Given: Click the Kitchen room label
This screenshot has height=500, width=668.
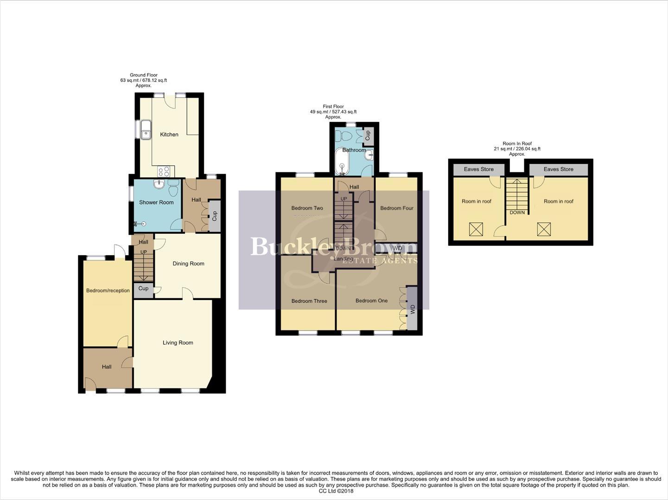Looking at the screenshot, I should point(169,135).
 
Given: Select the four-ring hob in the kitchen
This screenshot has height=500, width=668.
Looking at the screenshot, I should point(164,172).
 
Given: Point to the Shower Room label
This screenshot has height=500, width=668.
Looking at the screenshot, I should point(156,202).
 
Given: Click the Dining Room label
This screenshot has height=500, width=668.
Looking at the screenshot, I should point(188,264).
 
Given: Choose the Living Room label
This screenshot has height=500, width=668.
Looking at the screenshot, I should point(178,343).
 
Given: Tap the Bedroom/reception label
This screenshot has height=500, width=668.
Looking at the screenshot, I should point(108,291).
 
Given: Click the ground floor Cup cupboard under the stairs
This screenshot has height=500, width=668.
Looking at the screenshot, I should point(143,288).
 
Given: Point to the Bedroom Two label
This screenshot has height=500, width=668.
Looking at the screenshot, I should point(307,208).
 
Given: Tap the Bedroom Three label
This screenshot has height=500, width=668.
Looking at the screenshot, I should point(309,301).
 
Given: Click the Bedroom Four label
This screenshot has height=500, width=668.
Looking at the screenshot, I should point(397,208).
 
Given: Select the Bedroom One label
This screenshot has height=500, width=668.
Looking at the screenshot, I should point(371,301).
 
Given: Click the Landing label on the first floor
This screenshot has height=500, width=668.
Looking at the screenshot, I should point(344,259).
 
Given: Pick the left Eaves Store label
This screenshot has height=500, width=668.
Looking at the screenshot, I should point(479,169).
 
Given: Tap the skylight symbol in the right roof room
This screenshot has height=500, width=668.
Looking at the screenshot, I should point(544,229).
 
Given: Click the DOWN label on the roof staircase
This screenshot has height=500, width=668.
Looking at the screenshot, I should point(517,213).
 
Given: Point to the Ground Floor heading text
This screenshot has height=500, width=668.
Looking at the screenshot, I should point(144,75).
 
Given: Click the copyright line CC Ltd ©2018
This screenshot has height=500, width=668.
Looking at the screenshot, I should point(334,491).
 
